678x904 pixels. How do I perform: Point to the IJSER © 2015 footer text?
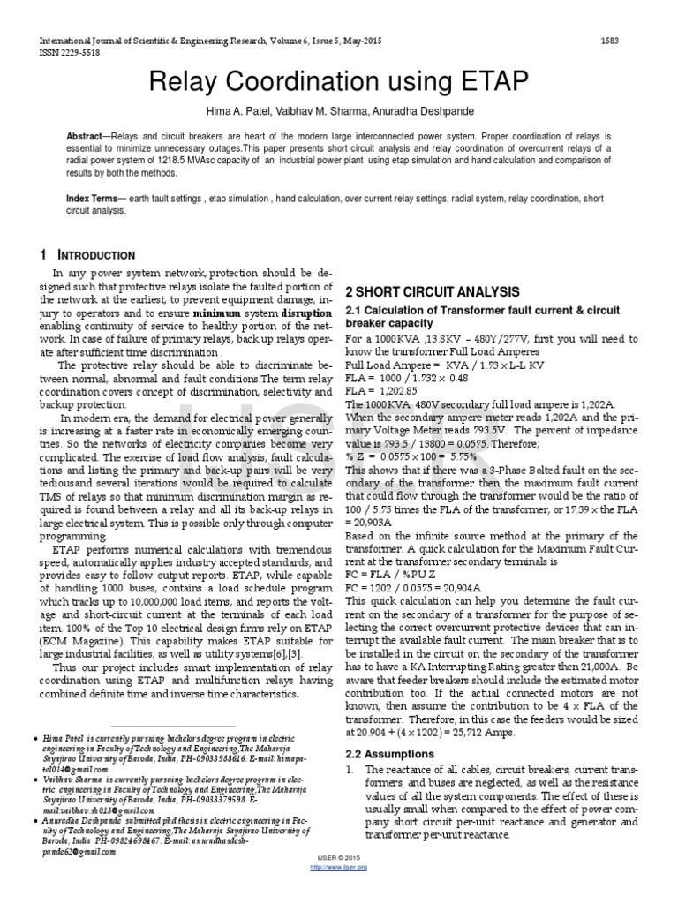[339, 858]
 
